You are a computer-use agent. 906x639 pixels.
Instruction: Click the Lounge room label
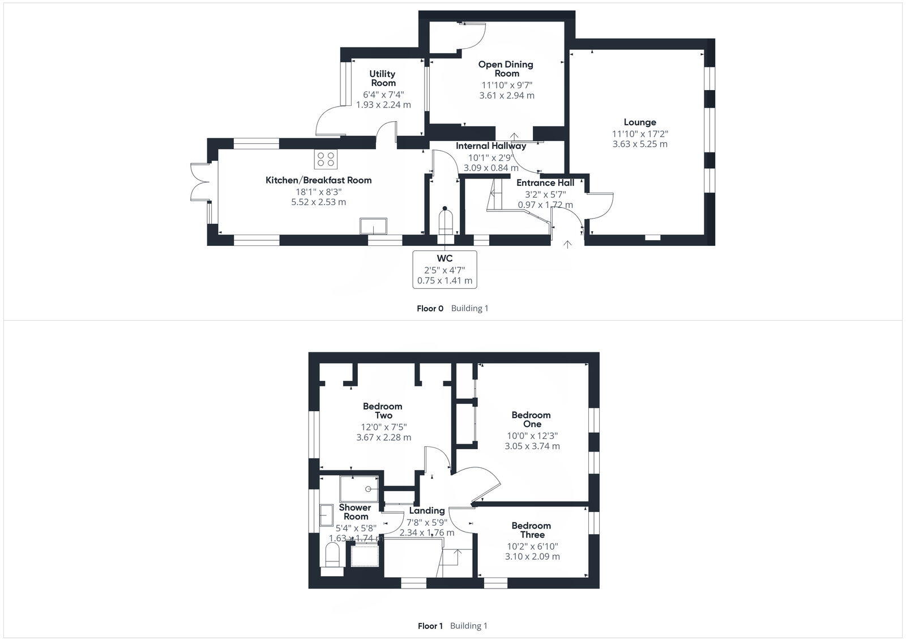point(640,122)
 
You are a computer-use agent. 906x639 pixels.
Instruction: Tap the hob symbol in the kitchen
point(326,159)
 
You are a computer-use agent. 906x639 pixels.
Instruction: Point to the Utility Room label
point(383,78)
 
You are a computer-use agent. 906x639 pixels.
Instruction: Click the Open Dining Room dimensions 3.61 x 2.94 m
point(507,96)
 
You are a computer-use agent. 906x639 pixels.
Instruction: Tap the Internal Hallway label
point(491,146)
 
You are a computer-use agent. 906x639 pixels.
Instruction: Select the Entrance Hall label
point(545,183)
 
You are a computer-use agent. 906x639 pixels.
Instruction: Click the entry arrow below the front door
point(567,244)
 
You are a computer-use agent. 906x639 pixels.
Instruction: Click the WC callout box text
point(445,270)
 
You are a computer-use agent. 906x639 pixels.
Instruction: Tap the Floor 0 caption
point(430,309)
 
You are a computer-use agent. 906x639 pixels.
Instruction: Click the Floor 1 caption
point(430,626)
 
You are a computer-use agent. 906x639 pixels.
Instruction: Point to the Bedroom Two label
point(383,411)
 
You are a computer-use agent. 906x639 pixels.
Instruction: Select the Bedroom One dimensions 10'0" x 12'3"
point(532,436)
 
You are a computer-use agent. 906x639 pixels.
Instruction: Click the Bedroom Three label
point(531,530)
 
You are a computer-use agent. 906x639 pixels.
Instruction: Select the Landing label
point(427,511)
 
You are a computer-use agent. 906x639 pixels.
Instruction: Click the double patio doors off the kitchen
point(200,181)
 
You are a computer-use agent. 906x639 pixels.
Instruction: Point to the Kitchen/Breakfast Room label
point(319,180)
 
